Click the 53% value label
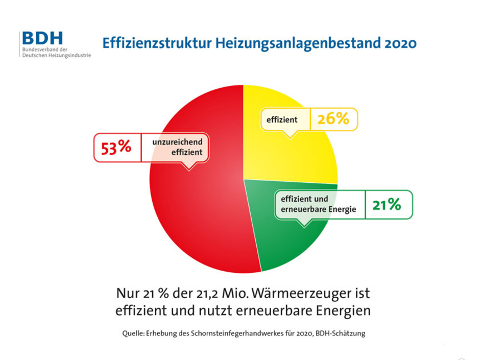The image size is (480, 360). [117, 148]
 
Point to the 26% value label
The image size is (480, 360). [333, 119]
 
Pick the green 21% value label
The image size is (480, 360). [387, 205]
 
